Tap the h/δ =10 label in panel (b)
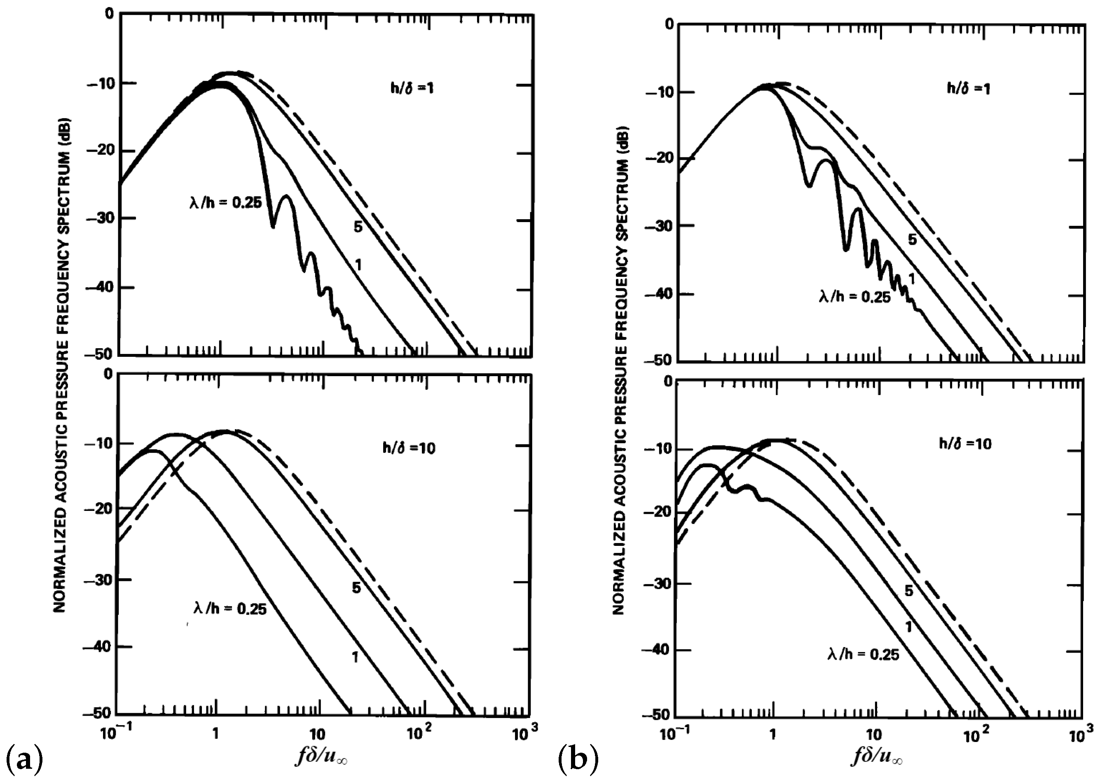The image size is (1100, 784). point(965,444)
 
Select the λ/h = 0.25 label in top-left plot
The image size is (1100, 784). point(225,202)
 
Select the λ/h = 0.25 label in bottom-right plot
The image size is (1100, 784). point(864,654)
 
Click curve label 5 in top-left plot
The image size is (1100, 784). point(358,227)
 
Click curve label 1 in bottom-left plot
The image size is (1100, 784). point(355,657)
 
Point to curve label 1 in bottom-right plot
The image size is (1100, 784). point(909,627)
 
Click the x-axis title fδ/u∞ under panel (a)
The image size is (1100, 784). point(321,757)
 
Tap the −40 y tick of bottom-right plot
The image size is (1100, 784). point(657,650)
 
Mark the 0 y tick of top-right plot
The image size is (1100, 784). point(669,24)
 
